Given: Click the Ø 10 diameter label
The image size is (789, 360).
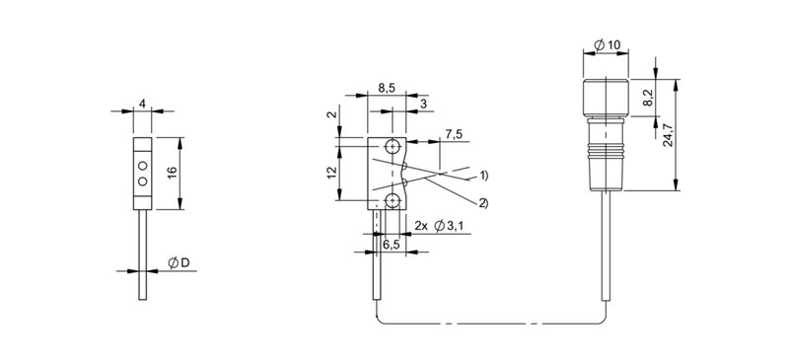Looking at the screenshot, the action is click(x=607, y=45).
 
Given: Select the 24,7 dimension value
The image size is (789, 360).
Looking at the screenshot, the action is click(x=669, y=134).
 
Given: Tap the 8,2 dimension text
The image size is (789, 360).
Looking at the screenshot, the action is click(x=648, y=99).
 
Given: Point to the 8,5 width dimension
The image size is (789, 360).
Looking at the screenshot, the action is click(x=387, y=88).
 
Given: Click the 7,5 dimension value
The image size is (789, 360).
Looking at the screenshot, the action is click(x=454, y=134).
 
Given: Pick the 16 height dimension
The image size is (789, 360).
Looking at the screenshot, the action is click(x=172, y=172).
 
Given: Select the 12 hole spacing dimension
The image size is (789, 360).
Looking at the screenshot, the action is click(x=330, y=173).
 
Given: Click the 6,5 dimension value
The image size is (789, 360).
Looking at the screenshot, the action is click(x=392, y=245).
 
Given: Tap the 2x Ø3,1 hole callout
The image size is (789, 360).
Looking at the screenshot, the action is click(x=438, y=226).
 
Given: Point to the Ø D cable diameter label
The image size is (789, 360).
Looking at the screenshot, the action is click(x=179, y=262).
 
